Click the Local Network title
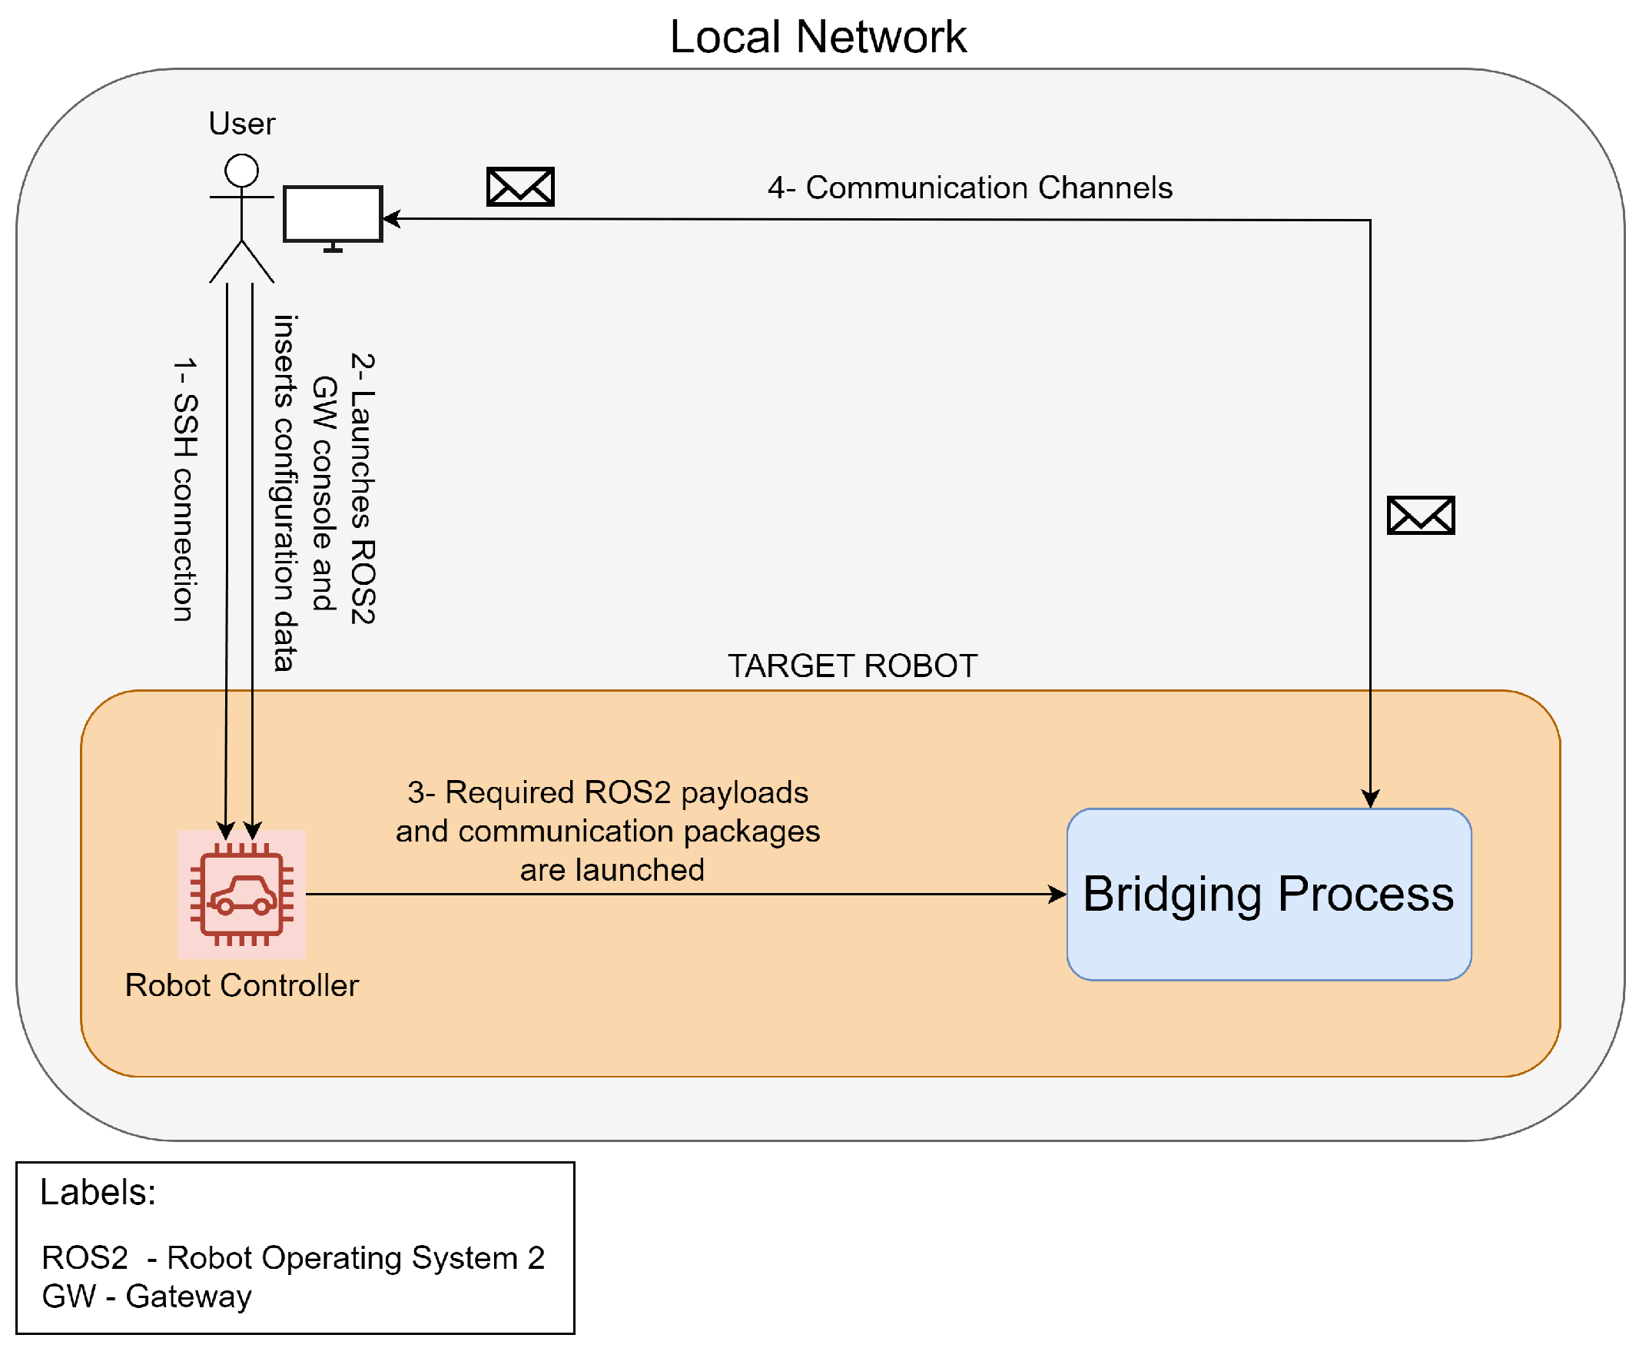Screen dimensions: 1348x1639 [818, 36]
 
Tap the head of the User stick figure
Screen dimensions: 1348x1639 [241, 170]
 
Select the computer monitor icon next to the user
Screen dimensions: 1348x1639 [332, 214]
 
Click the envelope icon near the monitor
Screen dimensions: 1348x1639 [520, 187]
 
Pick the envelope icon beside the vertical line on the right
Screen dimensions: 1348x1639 [1420, 516]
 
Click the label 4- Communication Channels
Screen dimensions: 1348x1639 [970, 188]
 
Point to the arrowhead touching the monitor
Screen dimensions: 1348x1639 [390, 219]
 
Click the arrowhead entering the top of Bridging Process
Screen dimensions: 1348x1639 [1369, 800]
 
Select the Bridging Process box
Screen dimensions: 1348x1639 [1268, 895]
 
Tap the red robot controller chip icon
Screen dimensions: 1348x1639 [241, 895]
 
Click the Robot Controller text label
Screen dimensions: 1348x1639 [241, 985]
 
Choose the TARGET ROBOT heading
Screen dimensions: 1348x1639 [851, 666]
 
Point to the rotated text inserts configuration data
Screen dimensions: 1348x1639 [285, 493]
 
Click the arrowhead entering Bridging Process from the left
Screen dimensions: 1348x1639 [1058, 895]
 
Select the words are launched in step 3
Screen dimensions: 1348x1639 [612, 870]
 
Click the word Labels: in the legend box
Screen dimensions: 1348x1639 [98, 1192]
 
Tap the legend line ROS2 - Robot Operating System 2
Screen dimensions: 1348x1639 [293, 1258]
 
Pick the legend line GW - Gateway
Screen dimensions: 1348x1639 [147, 1297]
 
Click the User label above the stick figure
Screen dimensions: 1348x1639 [241, 125]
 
